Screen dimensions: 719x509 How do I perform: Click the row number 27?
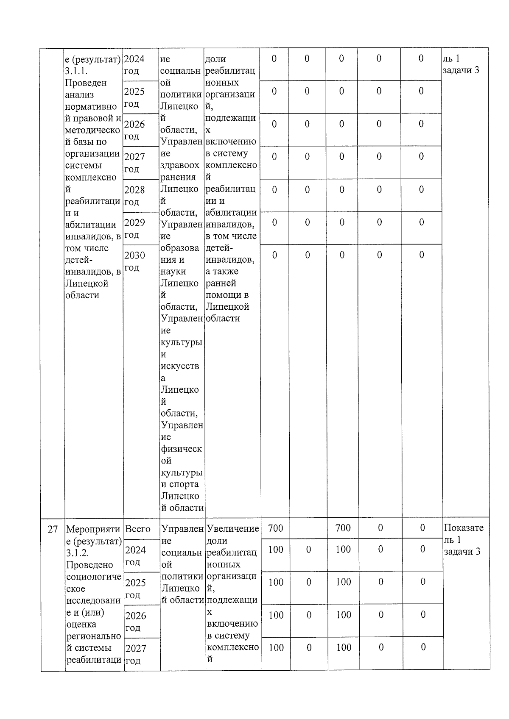coord(52,529)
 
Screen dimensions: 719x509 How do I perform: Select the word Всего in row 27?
coord(138,529)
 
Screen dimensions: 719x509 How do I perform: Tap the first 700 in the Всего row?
coord(276,528)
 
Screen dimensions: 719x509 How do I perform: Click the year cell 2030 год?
coord(134,261)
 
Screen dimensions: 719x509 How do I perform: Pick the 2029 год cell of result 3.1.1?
coord(134,228)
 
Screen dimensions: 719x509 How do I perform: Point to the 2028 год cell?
coord(134,195)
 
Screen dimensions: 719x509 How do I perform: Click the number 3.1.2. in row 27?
coord(78,553)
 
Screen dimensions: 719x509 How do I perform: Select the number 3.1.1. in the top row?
coord(77,71)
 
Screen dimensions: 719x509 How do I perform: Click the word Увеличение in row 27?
coord(233,528)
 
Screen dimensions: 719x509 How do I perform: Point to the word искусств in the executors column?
coord(180,366)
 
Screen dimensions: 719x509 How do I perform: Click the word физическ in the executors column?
coord(181,449)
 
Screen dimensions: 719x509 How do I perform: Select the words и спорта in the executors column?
coord(180,484)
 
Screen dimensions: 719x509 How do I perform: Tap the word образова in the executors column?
coord(180,248)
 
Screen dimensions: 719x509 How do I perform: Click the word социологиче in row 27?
coord(94,577)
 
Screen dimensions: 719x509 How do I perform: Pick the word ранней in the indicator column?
coord(221,283)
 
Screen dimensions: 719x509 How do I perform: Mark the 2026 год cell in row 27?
coord(135,621)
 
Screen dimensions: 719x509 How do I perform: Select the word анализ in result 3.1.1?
coord(80,94)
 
